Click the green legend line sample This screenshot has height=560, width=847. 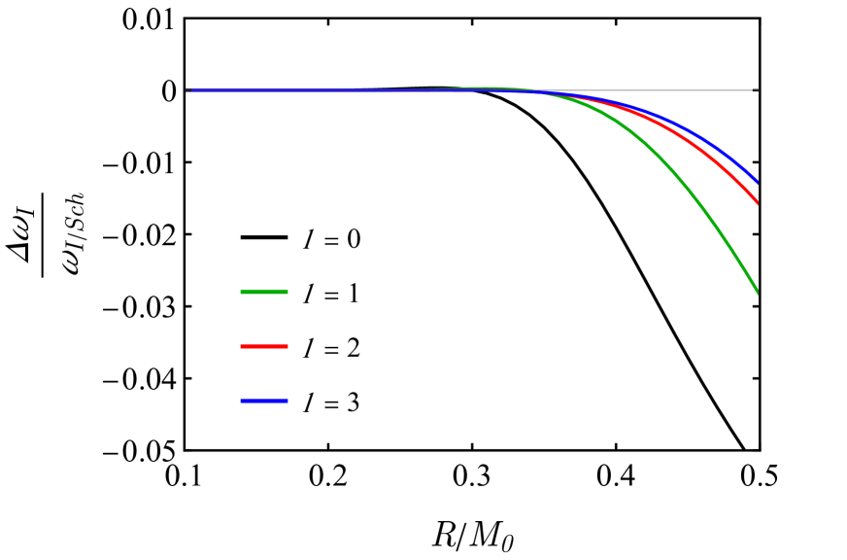(264, 292)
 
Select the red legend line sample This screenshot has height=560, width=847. (264, 346)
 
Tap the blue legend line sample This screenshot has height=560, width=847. (264, 401)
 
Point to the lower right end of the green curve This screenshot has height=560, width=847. (757, 292)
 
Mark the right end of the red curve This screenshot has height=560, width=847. (757, 202)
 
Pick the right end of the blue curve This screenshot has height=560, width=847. (757, 182)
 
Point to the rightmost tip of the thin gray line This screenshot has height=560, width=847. (758, 90)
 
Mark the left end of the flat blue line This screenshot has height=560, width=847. (186, 90)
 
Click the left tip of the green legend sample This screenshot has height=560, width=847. (241, 292)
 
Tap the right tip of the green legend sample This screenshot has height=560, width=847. (288, 292)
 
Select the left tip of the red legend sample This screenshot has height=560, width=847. (241, 346)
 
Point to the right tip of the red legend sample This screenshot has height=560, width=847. (288, 346)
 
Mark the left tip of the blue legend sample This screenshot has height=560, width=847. (241, 401)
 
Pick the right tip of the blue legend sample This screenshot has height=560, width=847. (288, 401)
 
